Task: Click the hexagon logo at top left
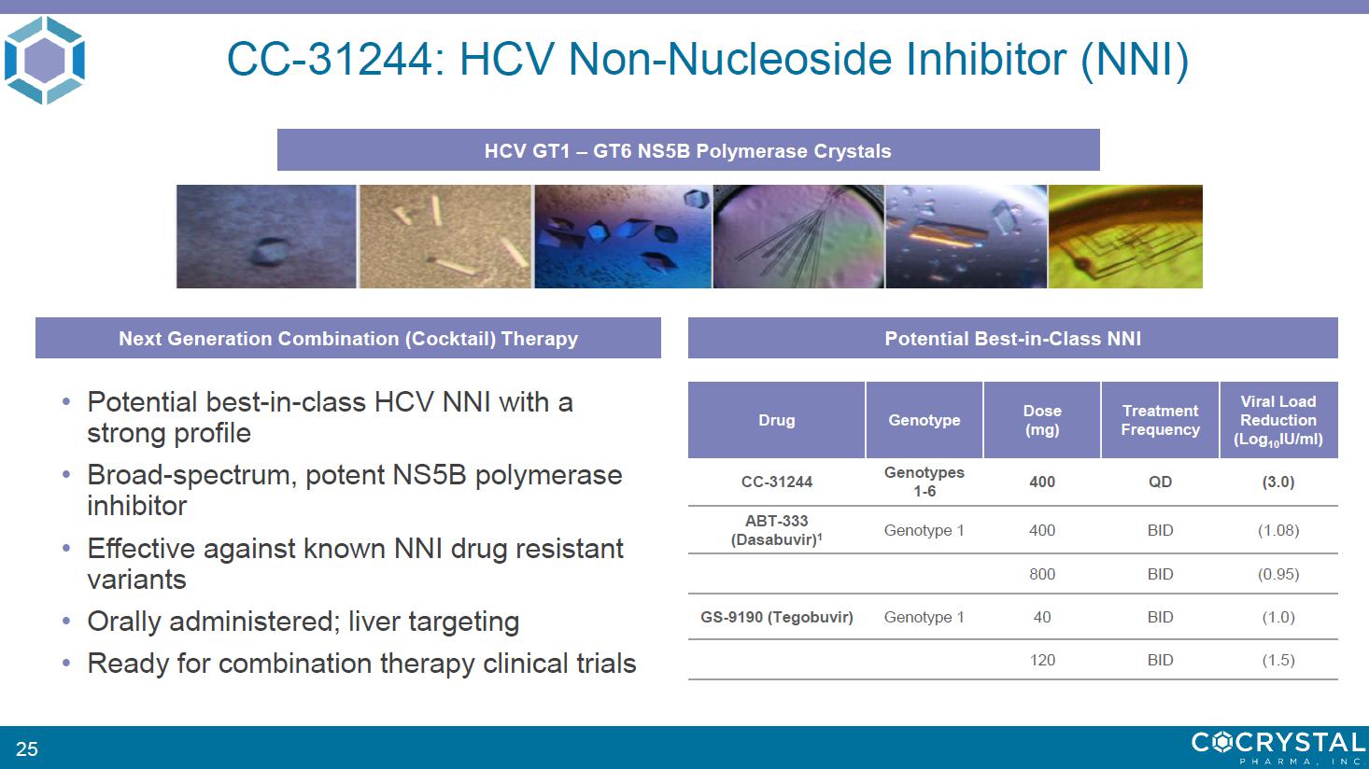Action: pos(45,60)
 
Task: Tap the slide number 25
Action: pos(27,748)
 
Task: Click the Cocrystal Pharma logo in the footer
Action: pos(1278,748)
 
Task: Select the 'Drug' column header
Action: pos(776,420)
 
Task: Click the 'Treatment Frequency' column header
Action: pos(1160,420)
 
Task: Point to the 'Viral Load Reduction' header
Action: pos(1278,420)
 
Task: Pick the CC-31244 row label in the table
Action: pos(776,482)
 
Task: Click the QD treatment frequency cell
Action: pos(1160,482)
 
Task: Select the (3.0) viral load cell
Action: pos(1278,482)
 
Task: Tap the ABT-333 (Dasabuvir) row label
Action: pos(776,530)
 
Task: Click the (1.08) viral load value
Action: pos(1278,530)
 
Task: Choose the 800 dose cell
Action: pos(1042,574)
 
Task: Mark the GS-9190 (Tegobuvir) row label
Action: pos(776,617)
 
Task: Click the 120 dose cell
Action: pos(1042,661)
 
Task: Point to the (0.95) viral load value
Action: pos(1278,574)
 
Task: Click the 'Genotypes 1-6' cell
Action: pos(924,482)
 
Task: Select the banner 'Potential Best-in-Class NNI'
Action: pos(1012,338)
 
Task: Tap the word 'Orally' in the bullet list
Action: pos(125,622)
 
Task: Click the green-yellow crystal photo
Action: pos(1125,236)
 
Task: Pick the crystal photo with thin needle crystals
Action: pos(798,236)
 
